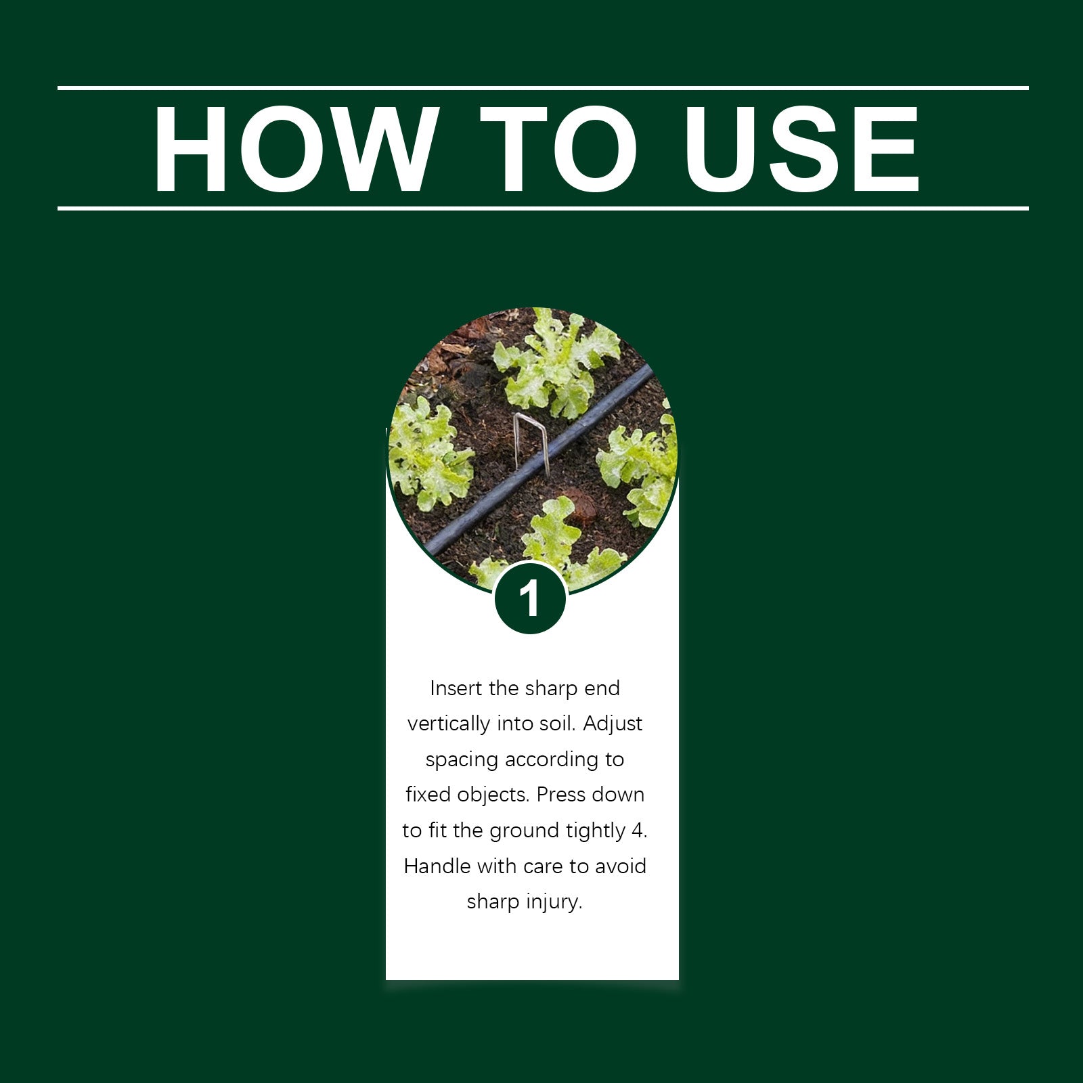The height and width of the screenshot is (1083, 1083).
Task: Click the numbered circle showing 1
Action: [x=530, y=598]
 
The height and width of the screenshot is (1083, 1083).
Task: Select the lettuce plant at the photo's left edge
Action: [x=429, y=454]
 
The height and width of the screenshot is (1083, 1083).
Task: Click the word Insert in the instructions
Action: [x=456, y=688]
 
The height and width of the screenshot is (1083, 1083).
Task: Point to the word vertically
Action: [x=449, y=724]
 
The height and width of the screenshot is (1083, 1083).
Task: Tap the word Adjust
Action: [x=613, y=724]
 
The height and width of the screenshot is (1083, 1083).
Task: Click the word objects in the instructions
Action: [x=493, y=795]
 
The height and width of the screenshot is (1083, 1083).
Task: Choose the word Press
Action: [x=560, y=795]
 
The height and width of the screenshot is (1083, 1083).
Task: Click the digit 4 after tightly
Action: [x=639, y=831]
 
